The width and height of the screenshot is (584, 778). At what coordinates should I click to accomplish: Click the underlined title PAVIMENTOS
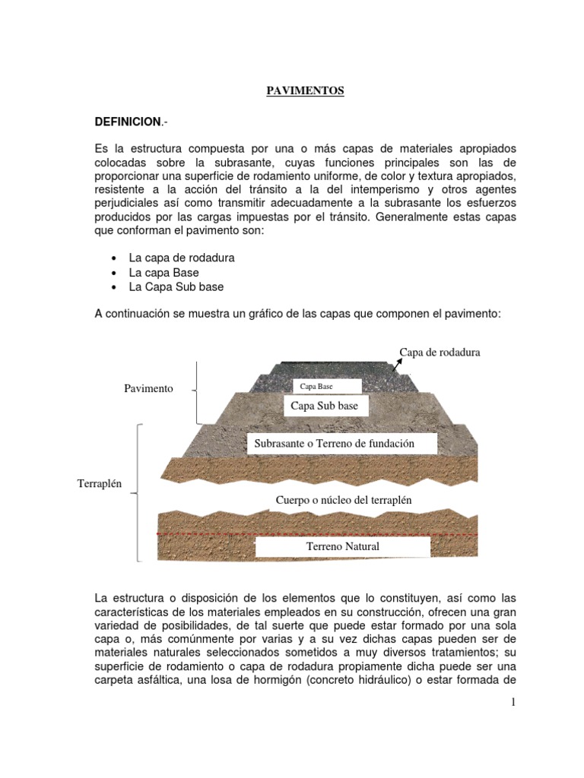coord(294,90)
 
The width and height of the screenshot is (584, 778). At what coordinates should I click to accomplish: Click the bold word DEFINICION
coord(127,122)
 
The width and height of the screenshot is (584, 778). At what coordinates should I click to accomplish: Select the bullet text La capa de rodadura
coord(182,258)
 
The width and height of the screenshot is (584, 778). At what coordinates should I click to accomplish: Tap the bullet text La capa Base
coord(163,272)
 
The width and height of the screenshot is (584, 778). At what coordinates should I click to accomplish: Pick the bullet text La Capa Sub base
coord(176,287)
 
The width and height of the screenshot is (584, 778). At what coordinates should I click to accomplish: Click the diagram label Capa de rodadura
coord(440,352)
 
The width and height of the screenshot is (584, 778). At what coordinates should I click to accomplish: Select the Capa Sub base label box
coord(324,406)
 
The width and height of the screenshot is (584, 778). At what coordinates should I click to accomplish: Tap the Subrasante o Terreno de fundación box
coord(341,444)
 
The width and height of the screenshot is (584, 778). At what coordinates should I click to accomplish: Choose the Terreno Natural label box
coord(342,546)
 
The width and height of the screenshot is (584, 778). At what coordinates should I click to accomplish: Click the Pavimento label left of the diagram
coord(148,388)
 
